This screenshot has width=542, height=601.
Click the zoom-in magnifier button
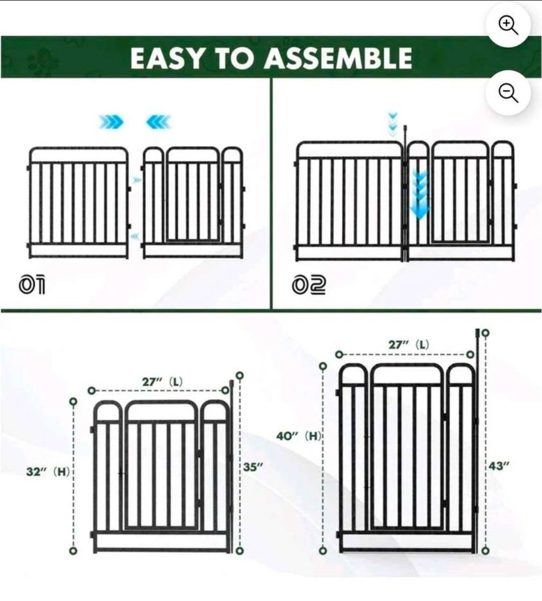pyautogui.click(x=508, y=25)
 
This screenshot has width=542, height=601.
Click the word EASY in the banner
pyautogui.click(x=167, y=59)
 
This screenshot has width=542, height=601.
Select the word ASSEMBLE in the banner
pyautogui.click(x=339, y=58)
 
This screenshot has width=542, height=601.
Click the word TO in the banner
pyautogui.click(x=235, y=59)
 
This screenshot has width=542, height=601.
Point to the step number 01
pyautogui.click(x=31, y=285)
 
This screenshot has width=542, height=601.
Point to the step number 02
pyautogui.click(x=309, y=285)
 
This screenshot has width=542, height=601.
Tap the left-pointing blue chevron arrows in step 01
pyautogui.click(x=158, y=122)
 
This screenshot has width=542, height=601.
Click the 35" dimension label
pyautogui.click(x=253, y=467)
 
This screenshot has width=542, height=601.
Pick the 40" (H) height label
pyautogui.click(x=298, y=436)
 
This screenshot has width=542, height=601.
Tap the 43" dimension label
pyautogui.click(x=499, y=466)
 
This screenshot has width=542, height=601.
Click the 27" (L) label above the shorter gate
pyautogui.click(x=162, y=382)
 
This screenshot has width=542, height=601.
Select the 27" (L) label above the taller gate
pyautogui.click(x=409, y=345)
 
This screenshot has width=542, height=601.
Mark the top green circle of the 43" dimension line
pyautogui.click(x=485, y=333)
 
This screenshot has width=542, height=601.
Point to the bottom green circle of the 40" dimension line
pyautogui.click(x=323, y=551)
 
